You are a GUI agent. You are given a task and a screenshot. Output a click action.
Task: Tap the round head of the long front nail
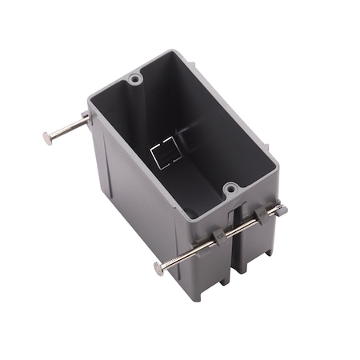coord(154,269)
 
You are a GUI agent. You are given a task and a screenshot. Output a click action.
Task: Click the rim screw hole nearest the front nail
coord(230,190)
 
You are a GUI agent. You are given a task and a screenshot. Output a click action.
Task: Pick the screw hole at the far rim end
coord(134,81)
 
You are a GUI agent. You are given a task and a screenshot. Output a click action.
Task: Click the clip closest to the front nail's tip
coord(262,216)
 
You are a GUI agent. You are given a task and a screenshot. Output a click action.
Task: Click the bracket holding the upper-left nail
coord(90,120)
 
